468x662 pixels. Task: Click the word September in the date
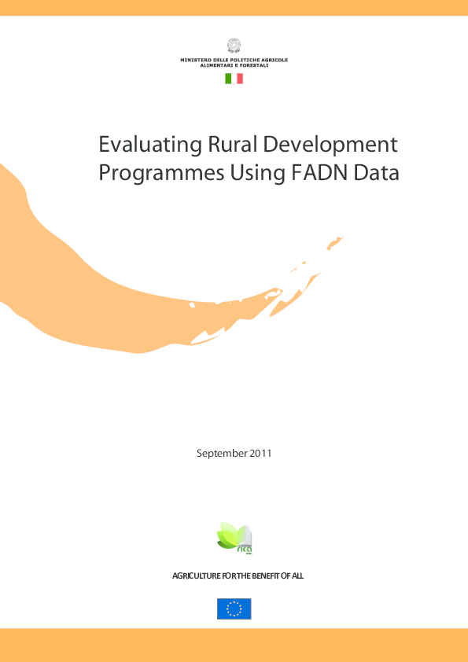(222, 454)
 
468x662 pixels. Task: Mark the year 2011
(260, 453)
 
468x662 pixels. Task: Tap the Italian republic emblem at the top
(234, 46)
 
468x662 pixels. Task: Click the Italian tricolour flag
(234, 78)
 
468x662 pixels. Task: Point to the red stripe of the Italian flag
(240, 78)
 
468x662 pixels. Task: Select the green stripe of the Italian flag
(228, 78)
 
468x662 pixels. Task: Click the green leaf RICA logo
(234, 538)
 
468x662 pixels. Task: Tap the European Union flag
(234, 609)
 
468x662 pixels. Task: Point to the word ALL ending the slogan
(297, 576)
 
